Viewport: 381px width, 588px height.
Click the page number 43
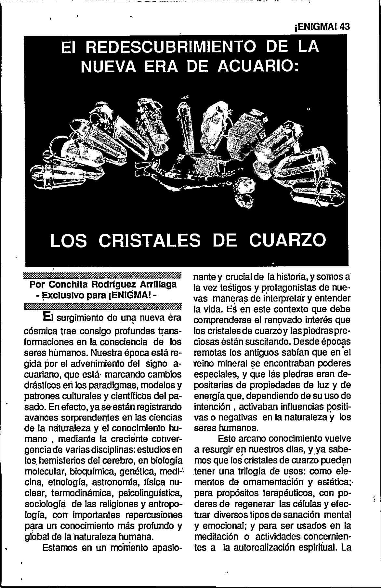point(344,27)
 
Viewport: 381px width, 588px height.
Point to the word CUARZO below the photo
point(288,241)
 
